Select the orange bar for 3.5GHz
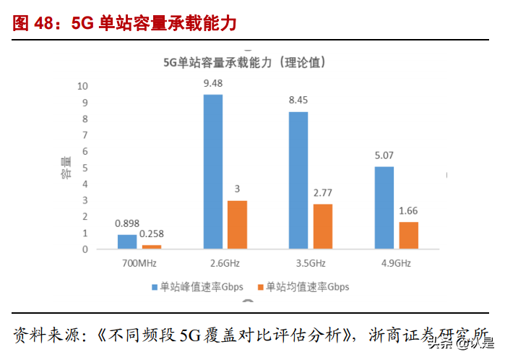tap(323, 226)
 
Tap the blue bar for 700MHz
tap(127, 241)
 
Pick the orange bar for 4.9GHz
tap(409, 235)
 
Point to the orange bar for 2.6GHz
tap(237, 224)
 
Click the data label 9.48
tap(213, 83)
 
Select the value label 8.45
tap(298, 100)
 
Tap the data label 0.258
tap(151, 233)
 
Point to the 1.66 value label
tap(409, 210)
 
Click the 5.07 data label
tap(384, 155)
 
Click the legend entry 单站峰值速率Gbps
tap(197, 287)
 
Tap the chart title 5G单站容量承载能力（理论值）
tap(246, 63)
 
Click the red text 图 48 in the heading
tap(33, 23)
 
